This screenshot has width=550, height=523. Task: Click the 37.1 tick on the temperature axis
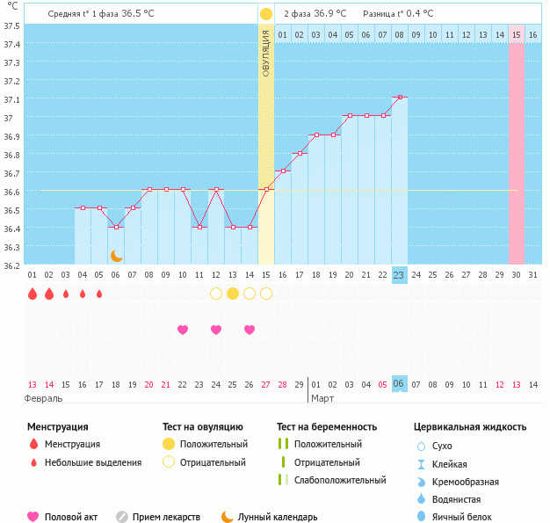11,98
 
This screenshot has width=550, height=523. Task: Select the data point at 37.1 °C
399,97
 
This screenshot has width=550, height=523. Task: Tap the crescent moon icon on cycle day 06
116,255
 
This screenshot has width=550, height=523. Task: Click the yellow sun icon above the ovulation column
265,14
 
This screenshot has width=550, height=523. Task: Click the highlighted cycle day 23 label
399,275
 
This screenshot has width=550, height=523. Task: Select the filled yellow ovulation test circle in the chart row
232,294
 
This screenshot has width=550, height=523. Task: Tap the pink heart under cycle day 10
183,330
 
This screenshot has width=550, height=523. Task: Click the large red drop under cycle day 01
33,294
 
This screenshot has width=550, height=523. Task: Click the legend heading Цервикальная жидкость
470,426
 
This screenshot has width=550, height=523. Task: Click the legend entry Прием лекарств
166,517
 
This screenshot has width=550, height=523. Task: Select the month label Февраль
44,398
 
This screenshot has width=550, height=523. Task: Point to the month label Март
322,398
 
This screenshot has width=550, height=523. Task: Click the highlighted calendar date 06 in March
399,384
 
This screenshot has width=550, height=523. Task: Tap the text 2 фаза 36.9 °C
315,14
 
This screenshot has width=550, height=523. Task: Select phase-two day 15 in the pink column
517,34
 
